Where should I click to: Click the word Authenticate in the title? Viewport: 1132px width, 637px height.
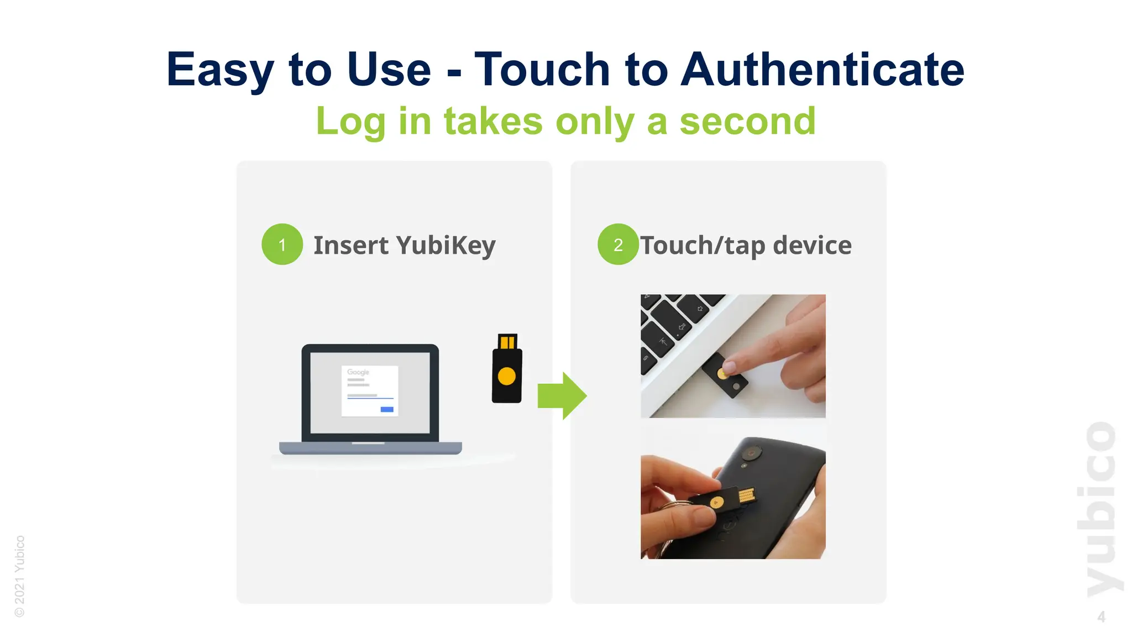point(822,70)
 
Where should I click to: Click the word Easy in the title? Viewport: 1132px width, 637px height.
point(220,70)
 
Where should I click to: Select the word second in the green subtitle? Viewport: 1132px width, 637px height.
point(747,121)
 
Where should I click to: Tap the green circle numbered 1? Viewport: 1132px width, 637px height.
point(282,244)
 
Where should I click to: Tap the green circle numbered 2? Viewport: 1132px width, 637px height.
point(617,244)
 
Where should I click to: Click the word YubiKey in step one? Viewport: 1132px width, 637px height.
point(446,246)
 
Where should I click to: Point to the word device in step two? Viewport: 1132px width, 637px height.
point(812,245)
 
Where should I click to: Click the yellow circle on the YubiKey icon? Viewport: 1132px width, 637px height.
point(506,377)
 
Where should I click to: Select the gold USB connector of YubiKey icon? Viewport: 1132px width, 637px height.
point(507,341)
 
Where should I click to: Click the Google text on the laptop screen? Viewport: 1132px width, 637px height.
point(358,372)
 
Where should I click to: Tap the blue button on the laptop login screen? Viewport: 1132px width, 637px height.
point(387,409)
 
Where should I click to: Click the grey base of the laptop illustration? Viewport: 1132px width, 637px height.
point(370,448)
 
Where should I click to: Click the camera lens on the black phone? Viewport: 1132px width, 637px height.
point(750,453)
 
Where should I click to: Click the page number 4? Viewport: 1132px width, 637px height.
point(1101,617)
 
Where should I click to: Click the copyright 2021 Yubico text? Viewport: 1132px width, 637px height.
point(20,576)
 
